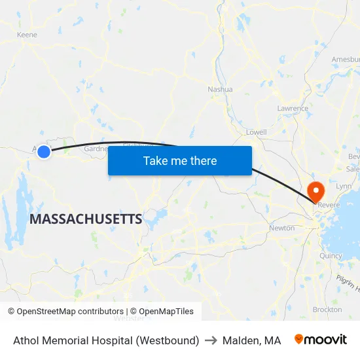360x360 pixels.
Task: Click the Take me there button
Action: pos(180,160)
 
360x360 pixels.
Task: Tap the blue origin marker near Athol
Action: pos(44,152)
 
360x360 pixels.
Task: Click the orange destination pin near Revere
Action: pos(315,191)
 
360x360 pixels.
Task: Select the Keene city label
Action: pos(27,35)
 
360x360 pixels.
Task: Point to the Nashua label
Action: pos(220,89)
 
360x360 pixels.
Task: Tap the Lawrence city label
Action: pos(292,108)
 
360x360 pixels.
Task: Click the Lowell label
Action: pos(256,132)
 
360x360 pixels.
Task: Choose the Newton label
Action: pos(281,228)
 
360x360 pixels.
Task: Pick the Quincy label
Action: pos(331,256)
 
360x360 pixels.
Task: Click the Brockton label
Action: pos(327,309)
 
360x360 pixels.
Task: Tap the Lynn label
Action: pos(343,187)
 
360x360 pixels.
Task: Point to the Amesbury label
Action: pos(345,59)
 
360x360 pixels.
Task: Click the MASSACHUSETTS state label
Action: pos(85,219)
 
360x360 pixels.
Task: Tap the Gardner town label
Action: pos(96,149)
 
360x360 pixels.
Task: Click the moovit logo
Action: pos(321,340)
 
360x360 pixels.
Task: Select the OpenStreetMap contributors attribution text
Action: pos(65,312)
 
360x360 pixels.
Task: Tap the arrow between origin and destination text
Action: pos(211,340)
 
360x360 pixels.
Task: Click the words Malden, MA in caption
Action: pos(251,340)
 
